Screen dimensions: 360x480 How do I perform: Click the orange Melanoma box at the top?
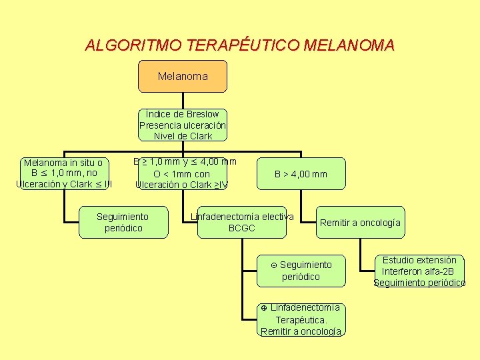[x=182, y=76]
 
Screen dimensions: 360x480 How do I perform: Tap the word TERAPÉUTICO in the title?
[x=243, y=45]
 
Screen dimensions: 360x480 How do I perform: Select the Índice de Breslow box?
[x=183, y=125]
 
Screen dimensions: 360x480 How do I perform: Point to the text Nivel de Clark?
[x=183, y=136]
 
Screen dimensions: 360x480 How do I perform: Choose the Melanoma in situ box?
[x=63, y=173]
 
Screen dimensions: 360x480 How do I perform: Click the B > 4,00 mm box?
[x=301, y=174]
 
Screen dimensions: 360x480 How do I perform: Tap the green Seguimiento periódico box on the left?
[x=123, y=223]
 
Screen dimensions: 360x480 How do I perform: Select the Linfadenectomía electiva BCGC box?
[x=242, y=223]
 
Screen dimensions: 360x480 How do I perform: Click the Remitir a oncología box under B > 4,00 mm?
[x=360, y=223]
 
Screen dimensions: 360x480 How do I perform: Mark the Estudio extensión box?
[x=419, y=271]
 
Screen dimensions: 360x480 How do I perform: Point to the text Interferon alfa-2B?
[x=419, y=271]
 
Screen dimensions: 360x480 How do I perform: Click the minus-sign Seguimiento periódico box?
[x=301, y=271]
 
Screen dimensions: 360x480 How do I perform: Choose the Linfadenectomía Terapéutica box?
[x=301, y=319]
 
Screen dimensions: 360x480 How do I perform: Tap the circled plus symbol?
[x=264, y=308]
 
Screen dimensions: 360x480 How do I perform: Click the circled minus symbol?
[x=274, y=265]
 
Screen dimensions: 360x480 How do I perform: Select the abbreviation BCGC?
[x=242, y=229]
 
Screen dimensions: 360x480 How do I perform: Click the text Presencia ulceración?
[x=183, y=125]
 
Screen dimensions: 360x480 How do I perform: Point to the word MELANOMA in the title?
[x=349, y=45]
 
